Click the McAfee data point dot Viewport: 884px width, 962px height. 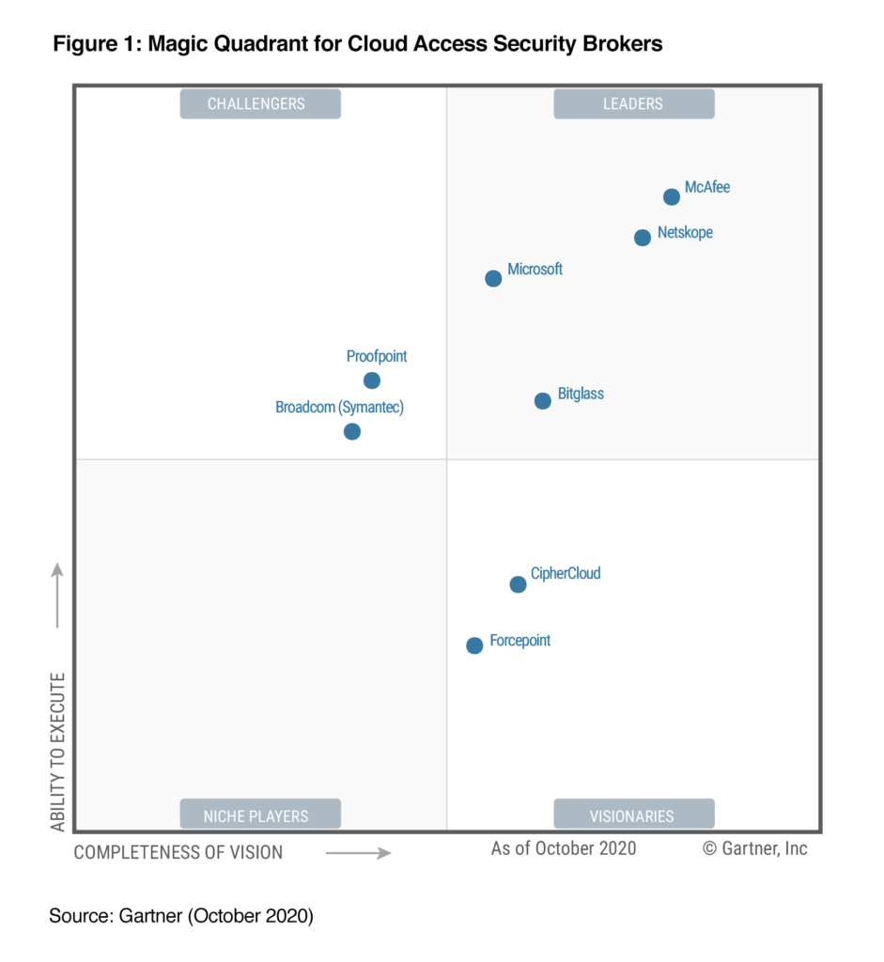672,197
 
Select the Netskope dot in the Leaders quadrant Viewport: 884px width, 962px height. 643,238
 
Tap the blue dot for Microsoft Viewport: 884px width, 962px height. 493,278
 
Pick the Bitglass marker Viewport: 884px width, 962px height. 543,401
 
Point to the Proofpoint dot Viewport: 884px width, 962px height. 372,380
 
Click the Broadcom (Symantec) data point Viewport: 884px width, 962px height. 352,432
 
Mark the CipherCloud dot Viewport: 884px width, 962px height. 518,584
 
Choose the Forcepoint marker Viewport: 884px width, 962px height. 474,645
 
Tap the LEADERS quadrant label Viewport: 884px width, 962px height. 634,103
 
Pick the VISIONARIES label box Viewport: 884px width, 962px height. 634,815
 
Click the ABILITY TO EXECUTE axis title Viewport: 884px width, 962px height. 58,752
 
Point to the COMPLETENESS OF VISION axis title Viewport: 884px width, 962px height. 178,852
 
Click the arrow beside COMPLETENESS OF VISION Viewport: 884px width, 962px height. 358,853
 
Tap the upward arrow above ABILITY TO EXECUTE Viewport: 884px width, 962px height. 57,596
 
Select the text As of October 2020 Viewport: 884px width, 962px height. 564,848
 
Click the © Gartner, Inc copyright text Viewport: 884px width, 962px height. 755,848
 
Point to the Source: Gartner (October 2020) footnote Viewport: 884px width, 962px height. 181,916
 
